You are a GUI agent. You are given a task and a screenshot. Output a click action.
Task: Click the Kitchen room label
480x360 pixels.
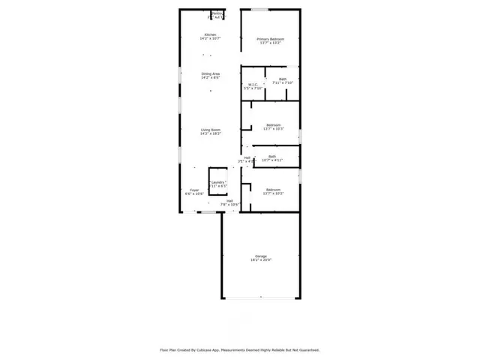point(211,34)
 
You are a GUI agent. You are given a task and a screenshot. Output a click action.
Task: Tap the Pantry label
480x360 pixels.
point(217,13)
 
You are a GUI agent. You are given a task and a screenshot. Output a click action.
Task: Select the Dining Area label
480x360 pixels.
point(210,73)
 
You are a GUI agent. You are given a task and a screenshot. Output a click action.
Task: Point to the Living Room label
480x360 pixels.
point(210,130)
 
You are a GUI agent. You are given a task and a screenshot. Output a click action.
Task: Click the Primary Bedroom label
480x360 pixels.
point(270,39)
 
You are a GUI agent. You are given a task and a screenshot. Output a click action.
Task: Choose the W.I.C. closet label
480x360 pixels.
point(253,84)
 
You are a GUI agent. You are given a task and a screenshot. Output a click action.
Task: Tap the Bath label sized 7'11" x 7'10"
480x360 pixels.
point(283,79)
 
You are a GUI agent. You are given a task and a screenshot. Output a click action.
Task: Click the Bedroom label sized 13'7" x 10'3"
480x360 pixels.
point(273,124)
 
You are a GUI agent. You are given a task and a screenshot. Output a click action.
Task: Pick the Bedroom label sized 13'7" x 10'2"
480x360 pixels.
point(273,190)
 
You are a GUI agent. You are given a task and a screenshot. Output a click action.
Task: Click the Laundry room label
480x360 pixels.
point(218,182)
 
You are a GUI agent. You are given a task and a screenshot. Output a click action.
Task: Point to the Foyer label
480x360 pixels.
point(194,190)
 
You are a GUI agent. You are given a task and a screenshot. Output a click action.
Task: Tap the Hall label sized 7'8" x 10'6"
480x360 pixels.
point(229,200)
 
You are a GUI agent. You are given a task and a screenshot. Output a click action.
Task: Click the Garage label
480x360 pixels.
point(261,256)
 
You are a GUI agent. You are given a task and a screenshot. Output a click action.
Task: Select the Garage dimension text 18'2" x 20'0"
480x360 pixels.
point(261,260)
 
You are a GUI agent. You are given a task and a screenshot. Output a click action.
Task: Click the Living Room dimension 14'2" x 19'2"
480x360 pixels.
point(210,133)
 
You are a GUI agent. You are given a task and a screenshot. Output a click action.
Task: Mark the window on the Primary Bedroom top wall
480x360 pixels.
point(259,9)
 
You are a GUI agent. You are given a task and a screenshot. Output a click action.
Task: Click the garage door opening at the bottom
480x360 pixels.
point(261,298)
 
